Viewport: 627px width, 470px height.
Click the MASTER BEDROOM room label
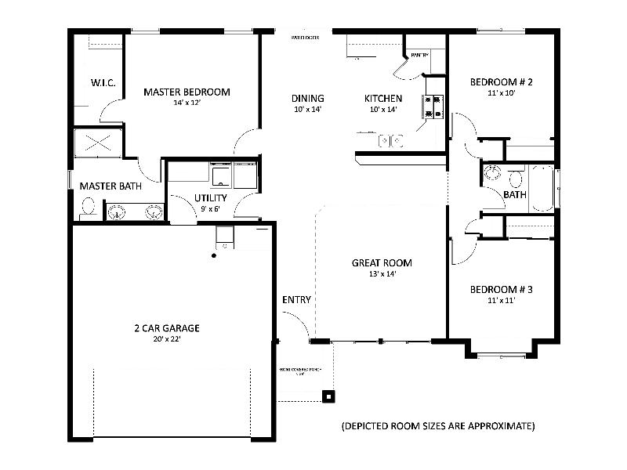187,92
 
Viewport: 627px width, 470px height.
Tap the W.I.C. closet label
103,82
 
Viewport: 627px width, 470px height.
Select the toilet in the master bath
88,208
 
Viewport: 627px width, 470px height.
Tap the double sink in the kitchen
390,141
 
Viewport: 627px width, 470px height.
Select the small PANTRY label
419,56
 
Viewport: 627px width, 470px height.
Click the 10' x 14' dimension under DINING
308,110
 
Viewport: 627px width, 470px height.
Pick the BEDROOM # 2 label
502,82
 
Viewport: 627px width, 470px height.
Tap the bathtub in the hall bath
542,188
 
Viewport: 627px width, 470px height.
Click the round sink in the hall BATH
494,173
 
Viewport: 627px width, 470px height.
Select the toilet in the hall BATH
516,176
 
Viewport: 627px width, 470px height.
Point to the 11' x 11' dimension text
501,301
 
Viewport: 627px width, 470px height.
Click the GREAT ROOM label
382,263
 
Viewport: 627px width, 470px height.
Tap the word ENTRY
296,300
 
